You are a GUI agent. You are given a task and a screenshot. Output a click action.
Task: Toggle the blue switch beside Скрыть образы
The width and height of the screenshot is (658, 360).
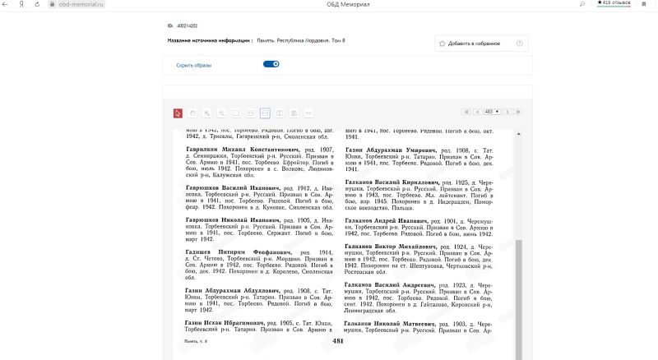pyautogui.click(x=271, y=64)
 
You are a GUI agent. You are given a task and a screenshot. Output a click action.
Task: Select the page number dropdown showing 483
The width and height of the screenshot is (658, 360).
pyautogui.click(x=493, y=111)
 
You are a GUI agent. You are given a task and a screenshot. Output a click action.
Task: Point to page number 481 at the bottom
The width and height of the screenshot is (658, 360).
pyautogui.click(x=337, y=339)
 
